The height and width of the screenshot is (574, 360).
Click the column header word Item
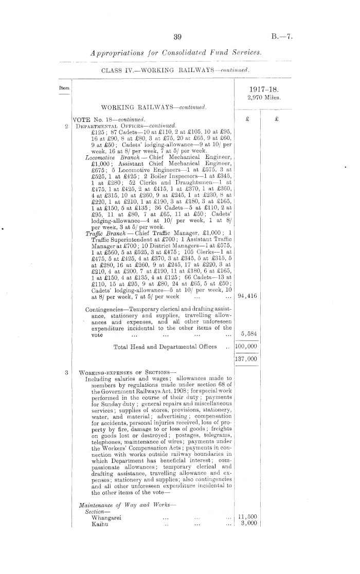click(64, 88)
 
